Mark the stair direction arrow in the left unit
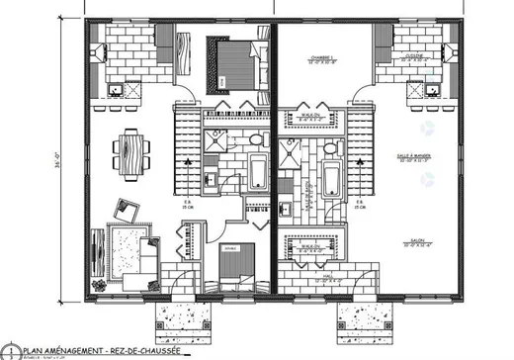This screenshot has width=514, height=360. click(x=189, y=158)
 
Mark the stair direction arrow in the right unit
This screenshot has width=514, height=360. click(x=358, y=158)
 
